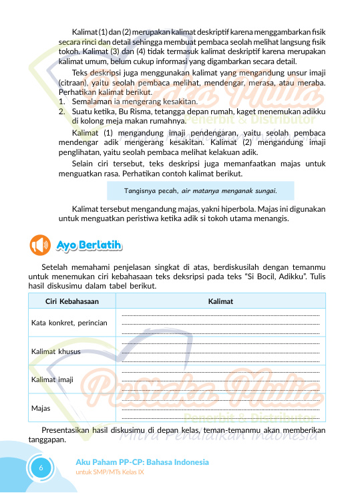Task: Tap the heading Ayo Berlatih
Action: point(89,245)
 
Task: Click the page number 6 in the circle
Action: point(41,468)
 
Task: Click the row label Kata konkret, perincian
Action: point(69,323)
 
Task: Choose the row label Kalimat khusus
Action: point(56,351)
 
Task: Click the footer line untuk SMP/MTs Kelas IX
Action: point(110,472)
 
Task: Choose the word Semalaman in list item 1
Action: point(92,101)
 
